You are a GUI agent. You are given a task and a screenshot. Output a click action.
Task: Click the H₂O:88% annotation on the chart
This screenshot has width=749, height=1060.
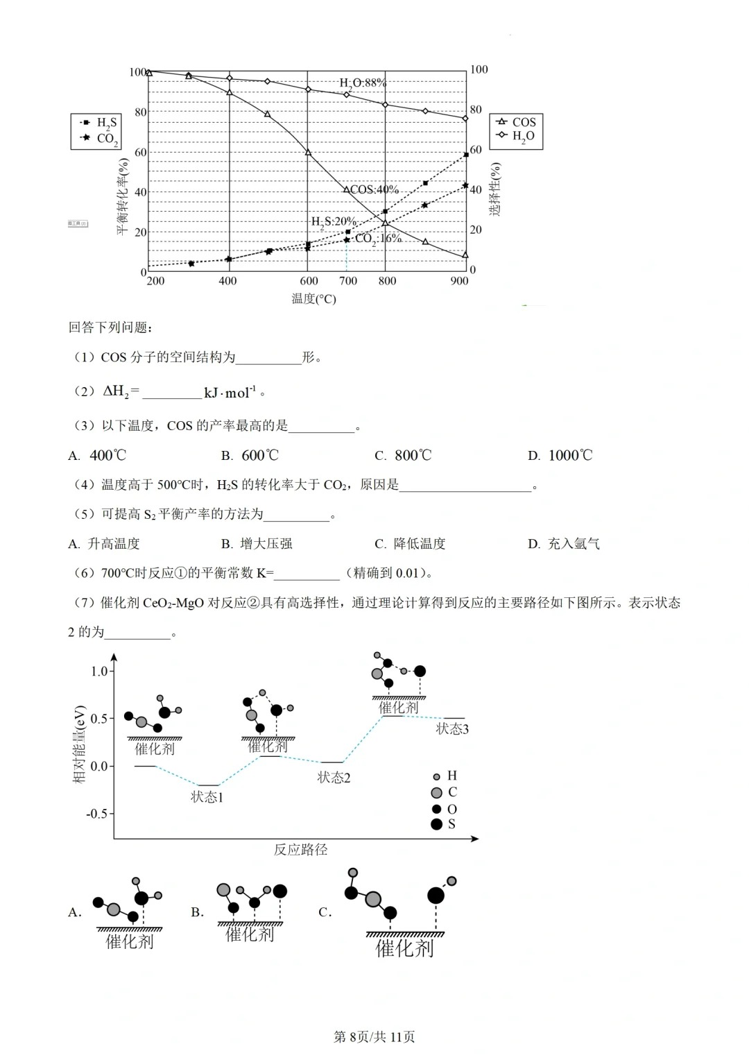(362, 83)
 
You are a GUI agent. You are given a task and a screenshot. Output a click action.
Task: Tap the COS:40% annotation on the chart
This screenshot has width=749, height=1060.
(374, 189)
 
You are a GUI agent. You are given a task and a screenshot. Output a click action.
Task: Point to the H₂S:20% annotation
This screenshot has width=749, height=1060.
(333, 222)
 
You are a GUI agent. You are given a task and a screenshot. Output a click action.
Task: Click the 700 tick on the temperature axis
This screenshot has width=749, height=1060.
(348, 281)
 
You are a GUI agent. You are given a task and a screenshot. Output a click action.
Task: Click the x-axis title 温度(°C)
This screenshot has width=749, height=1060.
(313, 299)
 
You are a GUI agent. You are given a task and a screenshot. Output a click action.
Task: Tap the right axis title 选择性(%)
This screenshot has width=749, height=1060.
(494, 189)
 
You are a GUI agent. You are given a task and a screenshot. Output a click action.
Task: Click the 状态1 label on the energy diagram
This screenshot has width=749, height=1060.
(207, 798)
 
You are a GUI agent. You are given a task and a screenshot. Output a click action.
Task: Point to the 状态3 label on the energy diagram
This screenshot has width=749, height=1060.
(452, 729)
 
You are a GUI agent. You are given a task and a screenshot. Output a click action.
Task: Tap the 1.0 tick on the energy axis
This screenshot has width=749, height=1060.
(99, 672)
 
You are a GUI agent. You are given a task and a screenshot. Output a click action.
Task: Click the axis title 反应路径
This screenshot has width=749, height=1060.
(300, 850)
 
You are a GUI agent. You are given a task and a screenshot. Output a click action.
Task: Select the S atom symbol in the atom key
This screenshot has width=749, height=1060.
(436, 824)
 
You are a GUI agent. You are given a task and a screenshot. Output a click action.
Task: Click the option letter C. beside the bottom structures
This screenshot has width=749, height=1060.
(325, 912)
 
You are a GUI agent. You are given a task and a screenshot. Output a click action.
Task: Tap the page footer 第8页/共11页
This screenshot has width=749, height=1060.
(374, 1037)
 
